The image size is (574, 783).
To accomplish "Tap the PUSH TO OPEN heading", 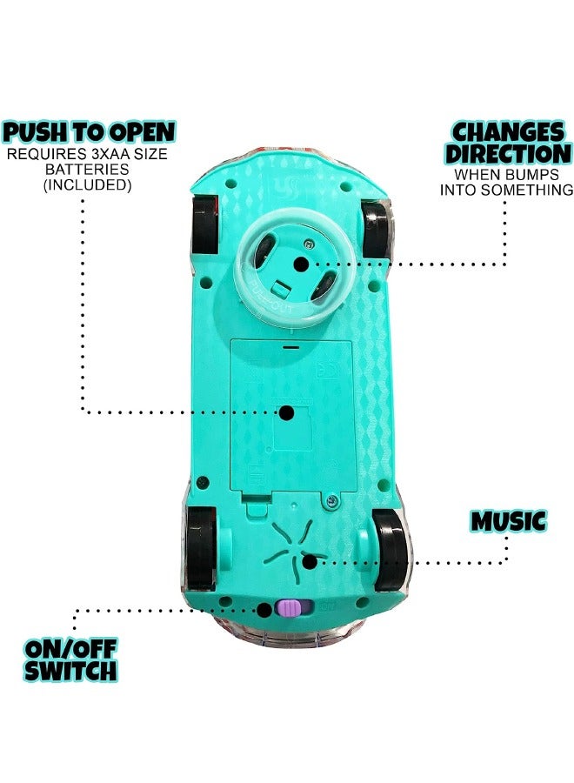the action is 89,132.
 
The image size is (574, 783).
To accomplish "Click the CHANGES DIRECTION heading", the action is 508,144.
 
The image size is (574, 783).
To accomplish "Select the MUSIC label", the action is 509,521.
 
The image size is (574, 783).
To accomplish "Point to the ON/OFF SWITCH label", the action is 70,660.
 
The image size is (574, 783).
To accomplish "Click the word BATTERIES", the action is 87,170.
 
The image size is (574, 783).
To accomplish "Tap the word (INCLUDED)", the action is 87,185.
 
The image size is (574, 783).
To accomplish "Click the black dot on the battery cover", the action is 286,412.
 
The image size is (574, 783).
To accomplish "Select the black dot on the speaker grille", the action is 310,562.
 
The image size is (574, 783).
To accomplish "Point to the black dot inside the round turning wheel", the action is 300,264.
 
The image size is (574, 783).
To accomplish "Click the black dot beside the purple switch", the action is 264,610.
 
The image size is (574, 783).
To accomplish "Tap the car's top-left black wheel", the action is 204,226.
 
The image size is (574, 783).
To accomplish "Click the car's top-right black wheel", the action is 376,231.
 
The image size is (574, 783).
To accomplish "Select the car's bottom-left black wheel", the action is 202,549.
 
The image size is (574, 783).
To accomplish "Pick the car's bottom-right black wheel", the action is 390,550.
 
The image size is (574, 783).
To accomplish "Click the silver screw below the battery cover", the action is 330,502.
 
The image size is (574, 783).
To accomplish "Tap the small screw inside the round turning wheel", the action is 310,244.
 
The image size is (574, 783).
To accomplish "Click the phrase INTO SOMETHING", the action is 506,191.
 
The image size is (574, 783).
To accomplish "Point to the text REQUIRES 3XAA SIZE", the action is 87,154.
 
